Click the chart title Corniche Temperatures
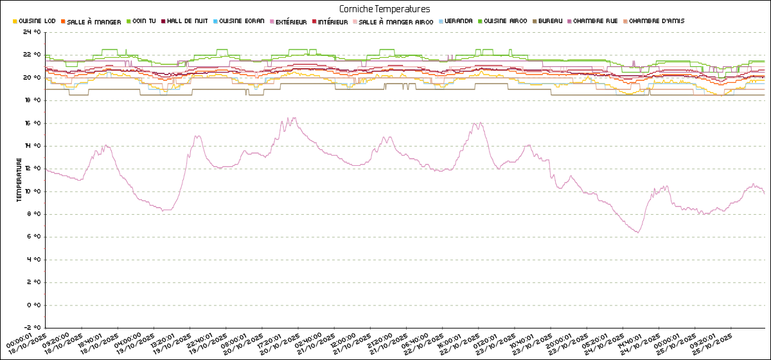[385, 9]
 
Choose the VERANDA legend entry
[458, 21]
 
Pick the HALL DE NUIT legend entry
[187, 21]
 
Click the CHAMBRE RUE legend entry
[598, 21]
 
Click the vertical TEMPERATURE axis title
[19, 182]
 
